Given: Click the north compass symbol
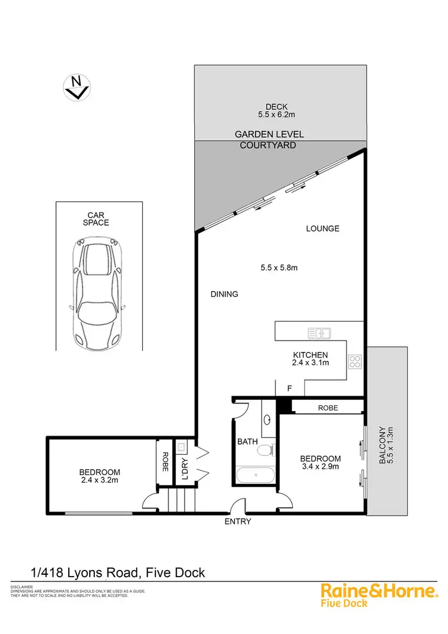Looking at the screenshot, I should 76,88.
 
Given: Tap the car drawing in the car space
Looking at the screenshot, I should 99,291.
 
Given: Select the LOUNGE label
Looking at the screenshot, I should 323,228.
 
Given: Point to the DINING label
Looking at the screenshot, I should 224,294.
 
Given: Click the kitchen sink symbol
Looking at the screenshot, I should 319,332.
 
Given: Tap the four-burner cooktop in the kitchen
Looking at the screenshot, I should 355,361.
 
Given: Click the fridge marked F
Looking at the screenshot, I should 290,388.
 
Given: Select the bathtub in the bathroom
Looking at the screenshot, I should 256,476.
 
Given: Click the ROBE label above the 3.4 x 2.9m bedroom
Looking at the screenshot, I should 328,408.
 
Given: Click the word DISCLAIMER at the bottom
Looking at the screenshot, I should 22,587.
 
